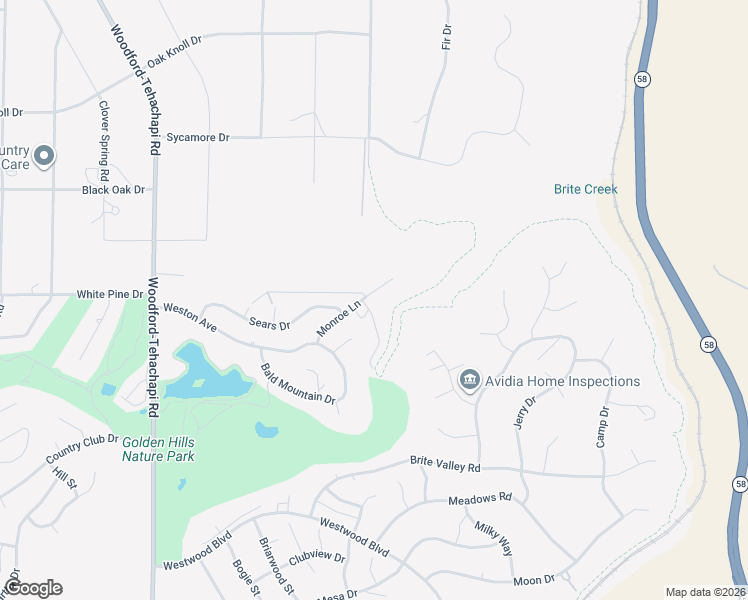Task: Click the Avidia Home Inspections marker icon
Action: point(470,381)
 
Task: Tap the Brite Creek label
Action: point(586,189)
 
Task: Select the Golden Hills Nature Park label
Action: point(158,448)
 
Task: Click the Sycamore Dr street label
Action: point(198,137)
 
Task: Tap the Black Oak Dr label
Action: point(114,189)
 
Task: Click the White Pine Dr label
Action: point(111,294)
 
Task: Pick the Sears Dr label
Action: point(269,325)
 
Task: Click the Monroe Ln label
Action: point(338,318)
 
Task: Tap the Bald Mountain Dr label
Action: point(297,384)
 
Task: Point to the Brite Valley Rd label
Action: point(445,465)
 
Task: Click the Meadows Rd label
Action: point(479,497)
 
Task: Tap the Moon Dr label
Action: point(534,580)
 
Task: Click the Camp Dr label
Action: point(604,427)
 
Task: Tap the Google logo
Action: point(33,587)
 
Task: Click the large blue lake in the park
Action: point(205,377)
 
